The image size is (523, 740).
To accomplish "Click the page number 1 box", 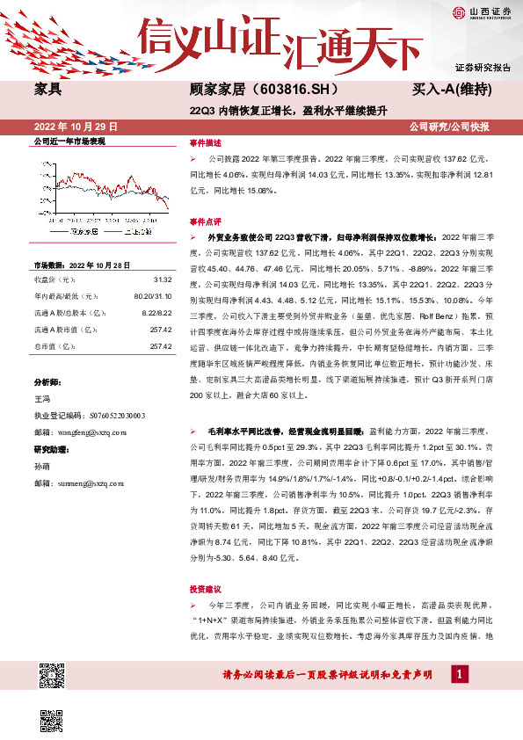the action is (x=458, y=674).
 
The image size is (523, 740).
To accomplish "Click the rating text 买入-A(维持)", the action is (x=451, y=90).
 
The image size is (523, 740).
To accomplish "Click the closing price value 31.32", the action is (x=161, y=279).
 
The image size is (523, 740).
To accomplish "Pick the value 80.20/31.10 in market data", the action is (x=152, y=297).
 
